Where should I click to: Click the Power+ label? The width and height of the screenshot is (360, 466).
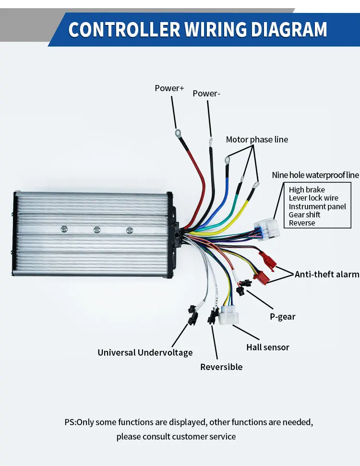169,88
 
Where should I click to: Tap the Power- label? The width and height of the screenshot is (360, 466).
206,94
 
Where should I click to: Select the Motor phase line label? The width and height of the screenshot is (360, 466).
257,140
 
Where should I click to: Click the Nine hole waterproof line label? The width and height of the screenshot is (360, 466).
315,175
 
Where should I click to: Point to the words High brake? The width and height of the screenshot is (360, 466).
307,190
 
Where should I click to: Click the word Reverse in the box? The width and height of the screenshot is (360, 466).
302,223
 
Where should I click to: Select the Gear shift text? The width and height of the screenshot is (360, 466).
304,215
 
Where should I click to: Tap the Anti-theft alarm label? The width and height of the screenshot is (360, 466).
326,274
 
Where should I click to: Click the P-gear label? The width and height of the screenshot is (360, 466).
282,317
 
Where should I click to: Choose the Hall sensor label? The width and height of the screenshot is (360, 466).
267,347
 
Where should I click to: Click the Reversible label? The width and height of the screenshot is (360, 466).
221,367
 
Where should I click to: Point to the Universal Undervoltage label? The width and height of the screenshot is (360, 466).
145,353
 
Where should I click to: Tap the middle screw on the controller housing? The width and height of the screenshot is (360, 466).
96,230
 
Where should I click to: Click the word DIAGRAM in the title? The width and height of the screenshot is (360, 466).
282,29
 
